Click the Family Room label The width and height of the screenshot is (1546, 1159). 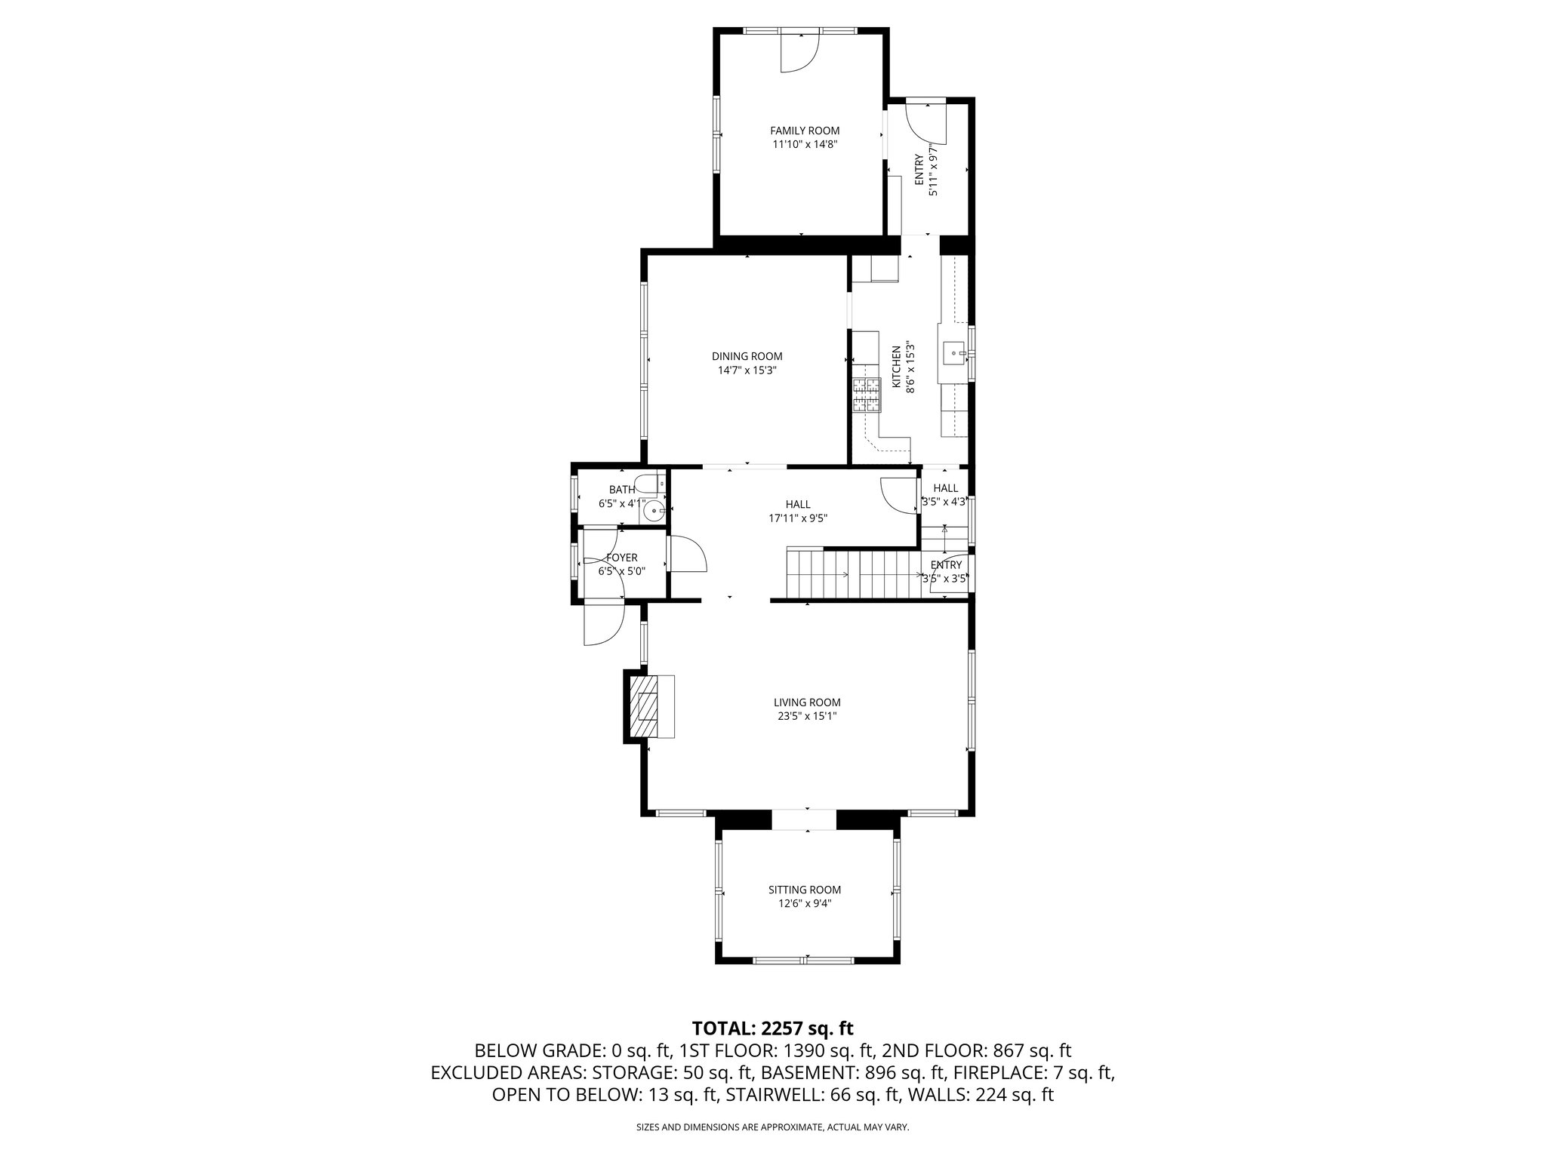click(804, 131)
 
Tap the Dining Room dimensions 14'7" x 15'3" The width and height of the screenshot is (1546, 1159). click(747, 370)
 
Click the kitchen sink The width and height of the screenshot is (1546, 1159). click(955, 352)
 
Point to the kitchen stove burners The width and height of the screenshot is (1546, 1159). click(867, 395)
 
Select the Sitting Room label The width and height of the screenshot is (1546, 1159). click(804, 890)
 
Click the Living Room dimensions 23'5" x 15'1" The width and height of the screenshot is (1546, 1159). click(806, 716)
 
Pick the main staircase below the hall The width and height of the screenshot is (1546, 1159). click(853, 573)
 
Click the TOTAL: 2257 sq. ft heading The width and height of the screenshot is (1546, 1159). click(772, 1028)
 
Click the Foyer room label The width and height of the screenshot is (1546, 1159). click(622, 558)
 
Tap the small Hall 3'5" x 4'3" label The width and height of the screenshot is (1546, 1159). click(945, 495)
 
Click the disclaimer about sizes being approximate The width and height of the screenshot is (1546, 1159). click(772, 1127)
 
